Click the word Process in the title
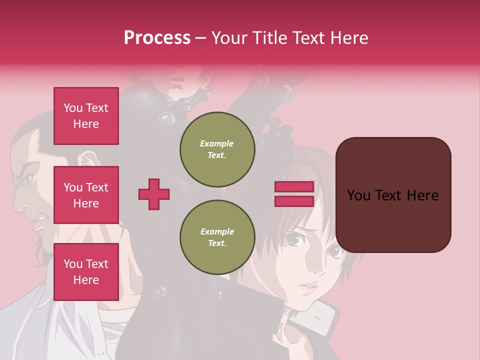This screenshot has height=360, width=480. pyautogui.click(x=157, y=37)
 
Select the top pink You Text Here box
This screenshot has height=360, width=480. pyautogui.click(x=86, y=116)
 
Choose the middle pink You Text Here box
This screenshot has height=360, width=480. pyautogui.click(x=86, y=195)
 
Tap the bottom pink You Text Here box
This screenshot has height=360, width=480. pyautogui.click(x=86, y=271)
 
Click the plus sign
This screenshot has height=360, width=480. pyautogui.click(x=154, y=194)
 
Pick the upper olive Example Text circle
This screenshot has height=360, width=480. pyautogui.click(x=217, y=149)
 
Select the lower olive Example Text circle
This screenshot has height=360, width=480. pyautogui.click(x=217, y=237)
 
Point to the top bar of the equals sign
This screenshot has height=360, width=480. pyautogui.click(x=294, y=187)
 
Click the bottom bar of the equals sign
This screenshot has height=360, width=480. pyautogui.click(x=294, y=201)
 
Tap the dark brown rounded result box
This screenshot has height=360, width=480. pyautogui.click(x=393, y=194)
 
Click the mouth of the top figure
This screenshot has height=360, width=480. pyautogui.click(x=177, y=78)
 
